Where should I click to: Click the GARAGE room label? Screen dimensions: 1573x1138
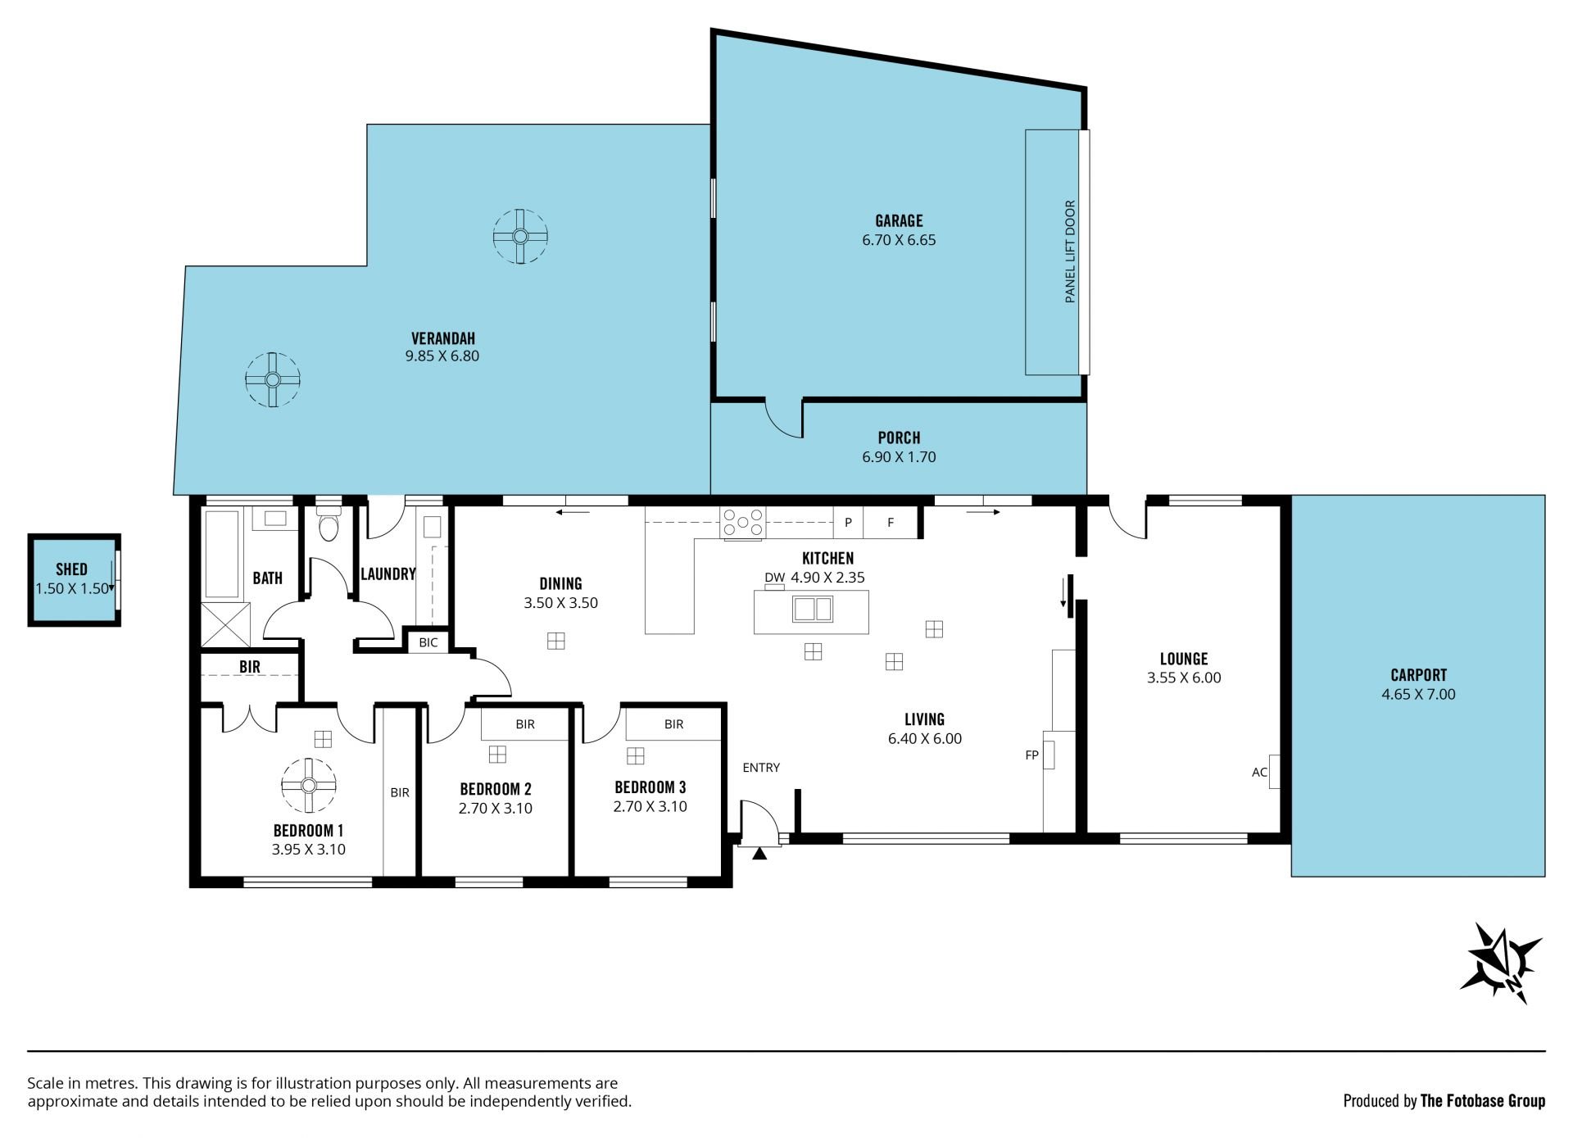pyautogui.click(x=899, y=220)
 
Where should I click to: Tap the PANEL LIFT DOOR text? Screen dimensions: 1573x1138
pyautogui.click(x=1070, y=252)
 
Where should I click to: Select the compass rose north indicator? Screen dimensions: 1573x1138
pyautogui.click(x=1504, y=962)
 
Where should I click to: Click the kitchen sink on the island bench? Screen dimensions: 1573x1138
pyautogui.click(x=812, y=609)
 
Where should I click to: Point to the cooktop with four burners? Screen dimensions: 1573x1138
pyautogui.click(x=741, y=523)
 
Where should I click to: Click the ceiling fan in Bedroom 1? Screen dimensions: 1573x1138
pyautogui.click(x=308, y=785)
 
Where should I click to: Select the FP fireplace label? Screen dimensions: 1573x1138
pyautogui.click(x=1031, y=755)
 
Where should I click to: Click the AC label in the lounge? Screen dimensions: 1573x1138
pyautogui.click(x=1259, y=772)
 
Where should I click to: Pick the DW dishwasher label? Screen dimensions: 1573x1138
pyautogui.click(x=774, y=577)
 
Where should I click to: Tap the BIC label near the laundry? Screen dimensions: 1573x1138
pyautogui.click(x=428, y=642)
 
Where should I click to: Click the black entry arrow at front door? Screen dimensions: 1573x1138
pyautogui.click(x=759, y=853)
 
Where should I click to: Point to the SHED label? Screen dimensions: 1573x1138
pyautogui.click(x=71, y=569)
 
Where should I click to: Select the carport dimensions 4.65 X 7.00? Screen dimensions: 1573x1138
pyautogui.click(x=1418, y=694)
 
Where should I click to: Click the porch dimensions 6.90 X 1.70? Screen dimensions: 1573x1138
pyautogui.click(x=899, y=456)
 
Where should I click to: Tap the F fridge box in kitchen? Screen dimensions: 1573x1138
pyautogui.click(x=891, y=522)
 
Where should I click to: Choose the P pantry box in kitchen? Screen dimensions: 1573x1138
pyautogui.click(x=848, y=522)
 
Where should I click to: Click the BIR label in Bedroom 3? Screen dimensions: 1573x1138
pyautogui.click(x=673, y=724)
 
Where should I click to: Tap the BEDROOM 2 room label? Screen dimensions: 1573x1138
pyautogui.click(x=496, y=789)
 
